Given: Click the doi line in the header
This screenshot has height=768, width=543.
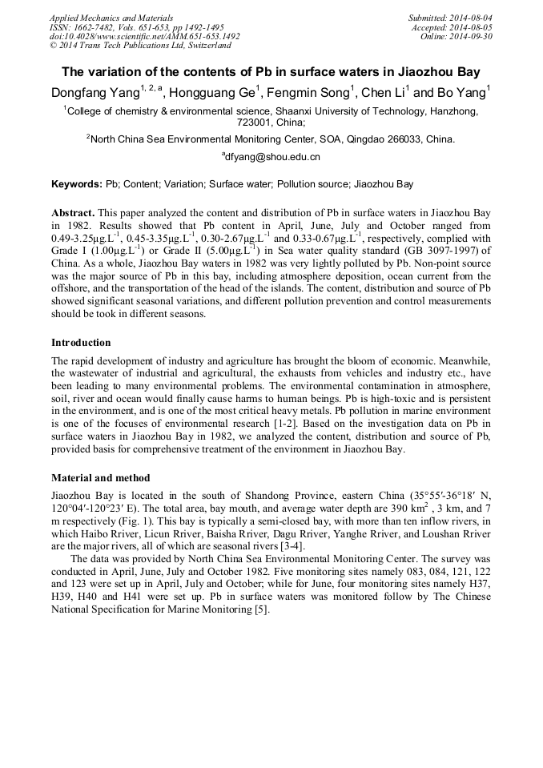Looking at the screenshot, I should (x=144, y=36).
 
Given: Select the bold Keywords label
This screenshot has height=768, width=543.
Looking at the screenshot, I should (x=77, y=184).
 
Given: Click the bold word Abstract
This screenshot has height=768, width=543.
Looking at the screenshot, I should (x=73, y=214).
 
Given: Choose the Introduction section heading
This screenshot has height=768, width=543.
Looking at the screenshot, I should (x=81, y=343).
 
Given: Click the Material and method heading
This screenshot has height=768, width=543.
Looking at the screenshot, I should (x=100, y=478).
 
